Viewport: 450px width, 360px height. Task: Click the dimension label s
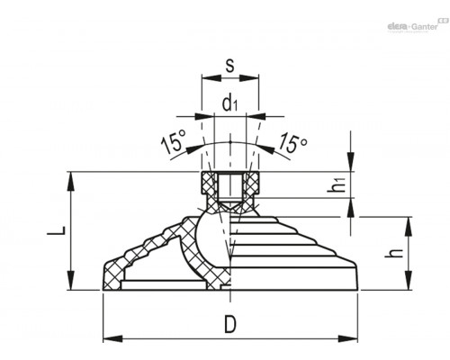[x=229, y=66]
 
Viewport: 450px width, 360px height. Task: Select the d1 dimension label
[x=229, y=104]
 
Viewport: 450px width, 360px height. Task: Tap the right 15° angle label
[x=292, y=143]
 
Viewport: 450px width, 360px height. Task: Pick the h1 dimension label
[x=336, y=184]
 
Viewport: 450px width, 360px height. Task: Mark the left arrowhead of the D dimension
[x=112, y=339]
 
